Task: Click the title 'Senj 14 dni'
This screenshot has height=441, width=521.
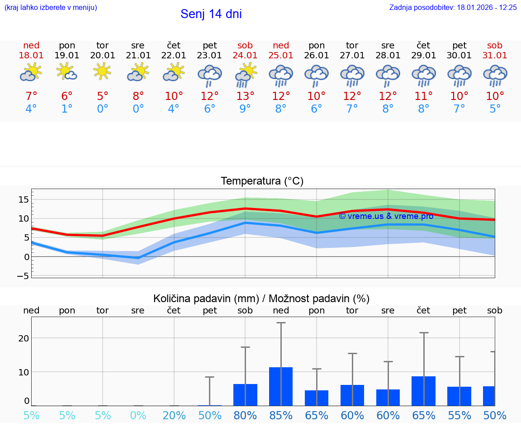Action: tap(211, 14)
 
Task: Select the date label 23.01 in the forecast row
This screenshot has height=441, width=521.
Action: tap(209, 55)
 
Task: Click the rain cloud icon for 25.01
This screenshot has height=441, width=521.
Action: tap(281, 76)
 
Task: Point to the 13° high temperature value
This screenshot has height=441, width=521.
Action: tap(245, 96)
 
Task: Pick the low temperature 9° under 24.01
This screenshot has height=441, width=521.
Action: tap(245, 109)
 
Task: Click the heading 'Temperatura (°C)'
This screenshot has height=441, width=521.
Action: tap(262, 181)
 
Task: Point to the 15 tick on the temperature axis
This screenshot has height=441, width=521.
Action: tap(24, 199)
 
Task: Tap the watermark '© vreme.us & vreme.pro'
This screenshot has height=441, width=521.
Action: tap(386, 216)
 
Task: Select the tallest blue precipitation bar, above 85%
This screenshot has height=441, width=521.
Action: tap(281, 386)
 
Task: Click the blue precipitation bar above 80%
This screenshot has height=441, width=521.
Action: tap(245, 394)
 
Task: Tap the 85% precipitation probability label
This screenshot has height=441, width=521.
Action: tap(281, 415)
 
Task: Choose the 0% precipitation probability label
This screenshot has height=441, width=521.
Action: tap(138, 415)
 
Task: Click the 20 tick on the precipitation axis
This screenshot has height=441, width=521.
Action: tap(24, 338)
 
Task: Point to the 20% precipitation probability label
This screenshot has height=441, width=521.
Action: tap(174, 415)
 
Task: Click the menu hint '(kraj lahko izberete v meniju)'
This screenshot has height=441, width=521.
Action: tap(50, 7)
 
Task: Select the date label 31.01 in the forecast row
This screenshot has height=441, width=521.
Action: tap(494, 55)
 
